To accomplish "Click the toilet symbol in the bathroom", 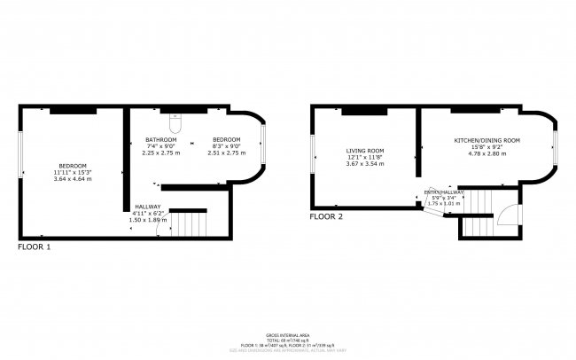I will [x=175, y=116].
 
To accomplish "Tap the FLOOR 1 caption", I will [x=35, y=247].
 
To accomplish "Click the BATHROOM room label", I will [x=161, y=140].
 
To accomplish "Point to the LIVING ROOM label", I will [x=362, y=151].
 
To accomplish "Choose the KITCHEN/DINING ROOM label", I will [x=486, y=141].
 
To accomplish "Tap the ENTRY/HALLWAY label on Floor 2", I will [x=444, y=192].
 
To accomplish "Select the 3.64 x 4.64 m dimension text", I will [x=73, y=179].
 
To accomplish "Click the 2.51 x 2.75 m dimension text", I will [x=226, y=153].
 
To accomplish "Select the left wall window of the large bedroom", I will [x=21, y=150].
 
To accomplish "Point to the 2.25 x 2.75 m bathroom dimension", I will [x=161, y=153].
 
